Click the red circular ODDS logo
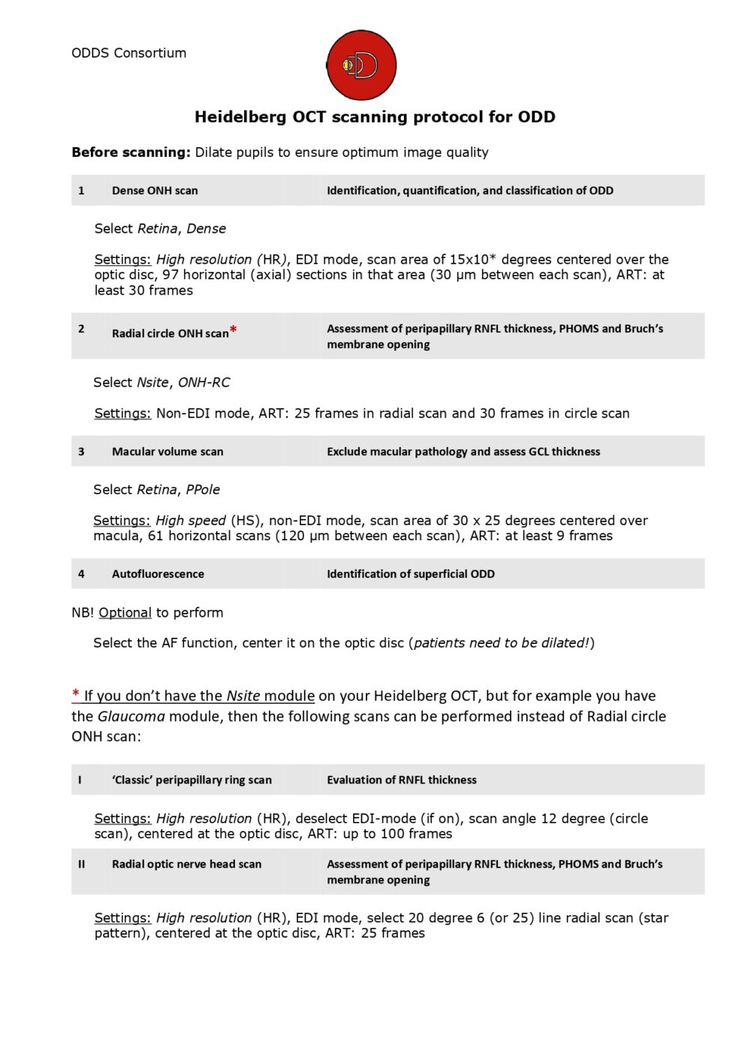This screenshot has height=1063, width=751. [x=361, y=65]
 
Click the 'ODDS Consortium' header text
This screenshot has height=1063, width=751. [x=128, y=53]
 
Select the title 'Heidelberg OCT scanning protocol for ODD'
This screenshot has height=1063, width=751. [x=375, y=116]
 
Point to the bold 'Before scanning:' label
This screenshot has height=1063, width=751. [x=131, y=152]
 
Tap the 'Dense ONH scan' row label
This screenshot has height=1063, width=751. [x=155, y=191]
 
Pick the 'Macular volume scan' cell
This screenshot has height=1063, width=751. [x=167, y=451]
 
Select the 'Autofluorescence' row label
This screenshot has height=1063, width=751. [x=158, y=574]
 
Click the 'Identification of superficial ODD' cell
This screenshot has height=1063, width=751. [x=411, y=574]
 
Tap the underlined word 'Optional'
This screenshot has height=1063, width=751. [x=125, y=612]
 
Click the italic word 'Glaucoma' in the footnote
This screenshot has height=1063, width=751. [x=131, y=716]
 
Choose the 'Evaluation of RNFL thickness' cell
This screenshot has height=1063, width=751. [x=402, y=780]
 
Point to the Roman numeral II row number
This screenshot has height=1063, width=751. [x=81, y=864]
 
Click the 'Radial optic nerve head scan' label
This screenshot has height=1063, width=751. [x=187, y=864]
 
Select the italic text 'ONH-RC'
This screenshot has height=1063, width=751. [x=204, y=382]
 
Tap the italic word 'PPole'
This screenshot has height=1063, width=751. [x=203, y=490]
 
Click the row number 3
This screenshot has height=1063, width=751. [x=81, y=451]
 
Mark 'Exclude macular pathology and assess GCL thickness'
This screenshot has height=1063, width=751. [x=463, y=451]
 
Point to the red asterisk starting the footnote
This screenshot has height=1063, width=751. [x=76, y=694]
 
